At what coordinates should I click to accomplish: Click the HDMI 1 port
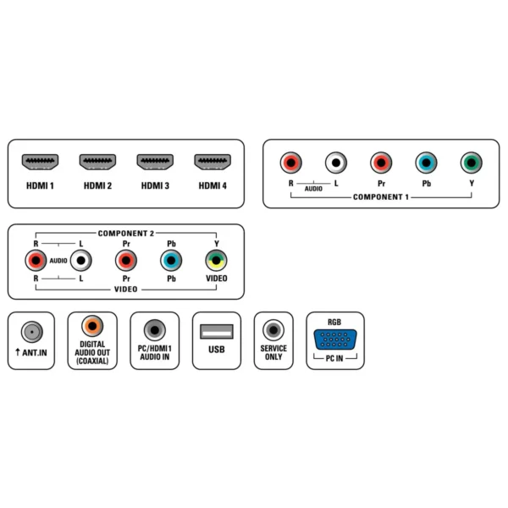click(x=40, y=162)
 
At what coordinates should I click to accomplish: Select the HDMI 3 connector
click(x=155, y=162)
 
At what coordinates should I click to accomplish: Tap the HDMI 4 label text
click(x=213, y=185)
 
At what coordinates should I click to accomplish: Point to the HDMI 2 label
click(x=97, y=185)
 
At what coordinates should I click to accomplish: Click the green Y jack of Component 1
click(x=472, y=163)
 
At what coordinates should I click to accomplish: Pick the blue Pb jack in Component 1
click(x=427, y=163)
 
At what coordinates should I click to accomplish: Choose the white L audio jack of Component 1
click(x=336, y=163)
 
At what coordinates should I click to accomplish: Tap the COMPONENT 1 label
click(x=381, y=197)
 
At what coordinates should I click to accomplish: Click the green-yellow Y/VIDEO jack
click(x=216, y=261)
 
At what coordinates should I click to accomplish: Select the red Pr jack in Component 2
click(x=126, y=261)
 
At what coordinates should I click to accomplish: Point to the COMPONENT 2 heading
click(x=126, y=234)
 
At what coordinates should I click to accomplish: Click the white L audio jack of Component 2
click(x=81, y=261)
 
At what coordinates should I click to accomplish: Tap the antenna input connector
click(x=32, y=332)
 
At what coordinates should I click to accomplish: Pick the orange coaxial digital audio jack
click(x=92, y=326)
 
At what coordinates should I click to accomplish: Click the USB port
click(x=217, y=331)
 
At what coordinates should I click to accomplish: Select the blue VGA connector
click(x=335, y=340)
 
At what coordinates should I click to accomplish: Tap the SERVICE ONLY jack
click(x=273, y=330)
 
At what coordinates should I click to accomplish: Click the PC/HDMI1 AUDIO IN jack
click(x=155, y=330)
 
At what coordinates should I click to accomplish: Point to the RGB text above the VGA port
click(x=334, y=322)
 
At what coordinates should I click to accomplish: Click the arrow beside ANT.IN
click(x=18, y=352)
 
